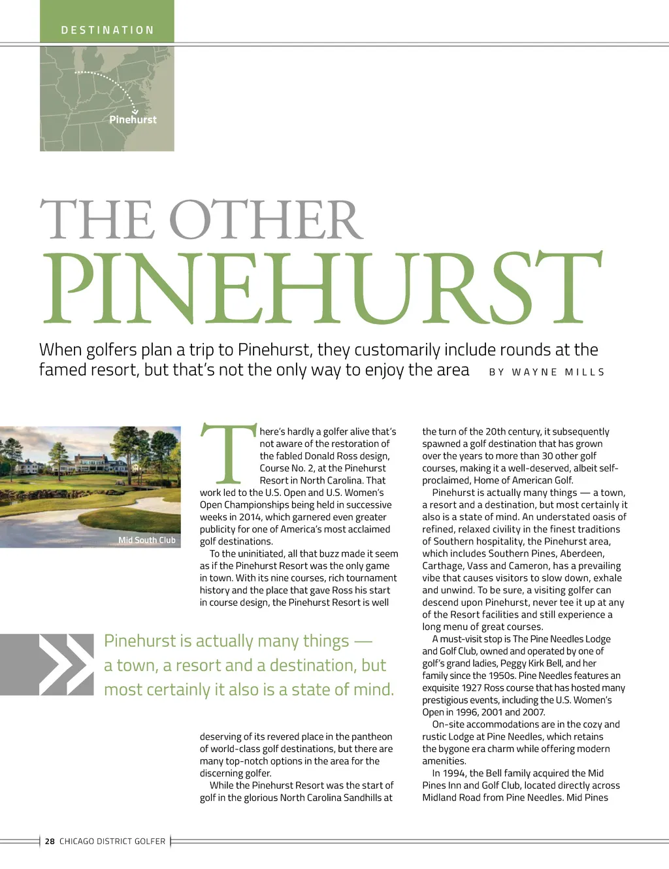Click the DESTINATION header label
[107, 30]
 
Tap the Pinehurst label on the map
[133, 120]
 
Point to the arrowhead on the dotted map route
[135, 112]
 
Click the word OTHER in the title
[266, 220]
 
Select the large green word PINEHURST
[321, 288]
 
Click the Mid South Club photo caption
[147, 540]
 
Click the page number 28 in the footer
[50, 842]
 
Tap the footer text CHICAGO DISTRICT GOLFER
[112, 842]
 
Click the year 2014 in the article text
[250, 517]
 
